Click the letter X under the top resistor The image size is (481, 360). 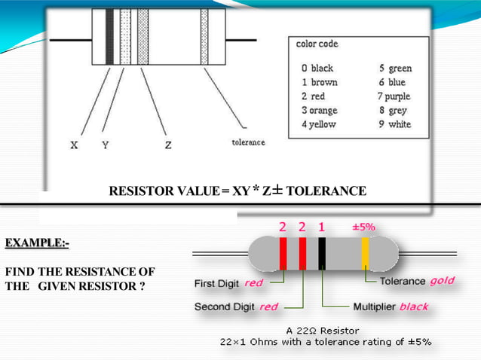pos(73,145)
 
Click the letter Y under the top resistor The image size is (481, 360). pos(105,145)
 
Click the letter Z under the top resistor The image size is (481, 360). pos(167,145)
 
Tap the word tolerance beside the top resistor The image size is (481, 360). pos(248,142)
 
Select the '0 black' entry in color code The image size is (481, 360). pos(317,68)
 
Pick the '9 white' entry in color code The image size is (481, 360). pos(395,124)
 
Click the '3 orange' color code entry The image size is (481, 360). pos(320,110)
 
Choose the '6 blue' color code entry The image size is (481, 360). pos(392,82)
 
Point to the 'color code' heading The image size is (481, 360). pos(317,44)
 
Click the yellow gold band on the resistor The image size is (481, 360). pos(364,252)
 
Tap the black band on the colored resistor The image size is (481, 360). pos(322,252)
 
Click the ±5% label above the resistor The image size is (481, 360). pos(363,226)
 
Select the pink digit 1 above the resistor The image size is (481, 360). pos(321,226)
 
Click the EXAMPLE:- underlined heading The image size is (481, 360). pos(42,243)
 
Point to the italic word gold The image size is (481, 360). pos(442,281)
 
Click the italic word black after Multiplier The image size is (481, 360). pos(413,307)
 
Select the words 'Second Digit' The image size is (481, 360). pos(225,307)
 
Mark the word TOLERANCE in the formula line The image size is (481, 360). pos(326,191)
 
